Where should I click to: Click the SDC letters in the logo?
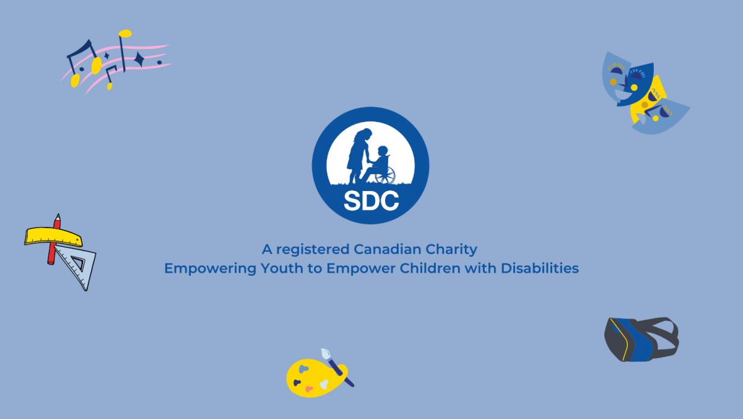point(371,201)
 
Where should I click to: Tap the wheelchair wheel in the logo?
point(386,175)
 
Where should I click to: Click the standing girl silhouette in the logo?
point(358,156)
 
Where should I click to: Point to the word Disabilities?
point(540,268)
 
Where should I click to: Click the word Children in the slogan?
point(430,268)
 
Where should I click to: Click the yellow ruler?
point(53,237)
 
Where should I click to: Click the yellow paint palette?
point(315,378)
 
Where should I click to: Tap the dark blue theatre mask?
point(635,84)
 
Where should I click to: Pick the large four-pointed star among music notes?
point(139,60)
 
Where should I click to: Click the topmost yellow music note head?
point(125,33)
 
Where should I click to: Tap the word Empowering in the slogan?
point(211,268)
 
